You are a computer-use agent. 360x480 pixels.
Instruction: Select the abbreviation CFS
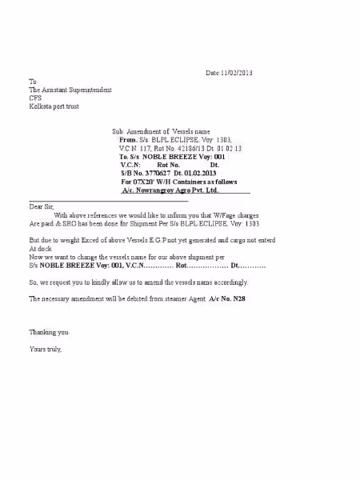34,98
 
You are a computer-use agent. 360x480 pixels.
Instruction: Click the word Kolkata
41,106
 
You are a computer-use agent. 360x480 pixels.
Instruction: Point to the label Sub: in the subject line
118,130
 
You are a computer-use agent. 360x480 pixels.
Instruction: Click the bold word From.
129,139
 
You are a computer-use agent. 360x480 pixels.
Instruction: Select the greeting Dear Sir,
44,206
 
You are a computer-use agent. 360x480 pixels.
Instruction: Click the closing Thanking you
49,331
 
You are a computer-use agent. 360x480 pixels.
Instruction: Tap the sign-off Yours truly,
46,349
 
